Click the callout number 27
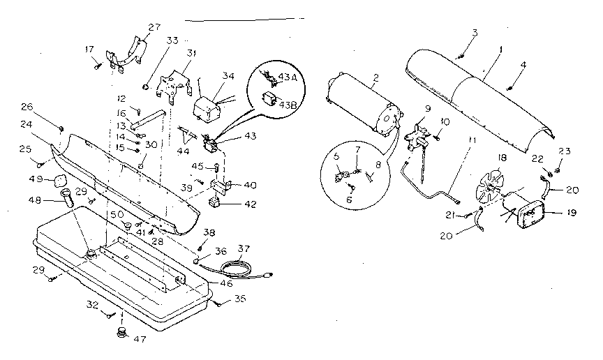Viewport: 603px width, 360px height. point(154,27)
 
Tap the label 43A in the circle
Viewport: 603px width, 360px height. point(288,77)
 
